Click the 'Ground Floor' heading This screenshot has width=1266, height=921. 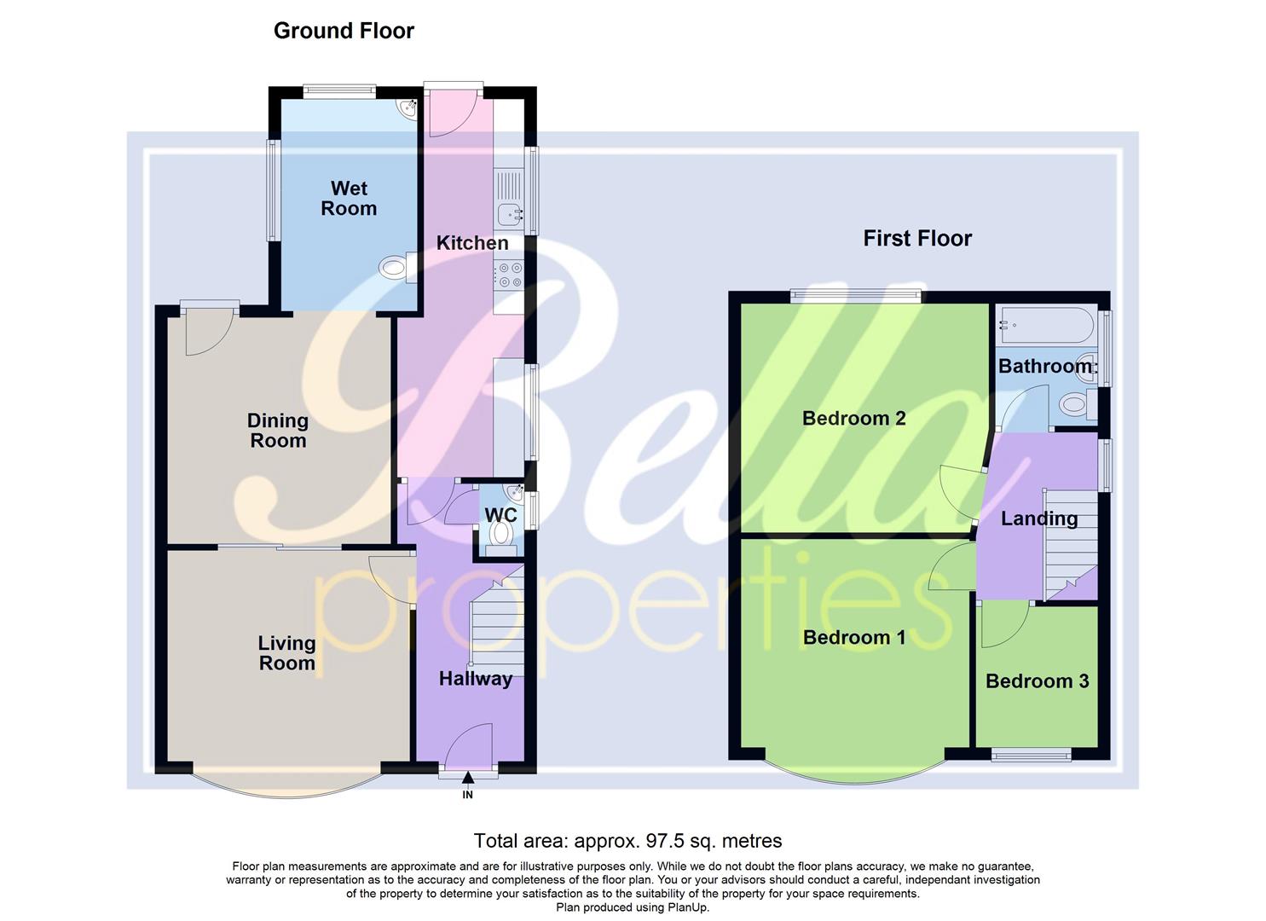[x=344, y=31]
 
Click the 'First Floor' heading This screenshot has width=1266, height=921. [x=917, y=239]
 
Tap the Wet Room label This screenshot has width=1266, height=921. [x=349, y=198]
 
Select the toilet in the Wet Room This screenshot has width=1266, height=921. [x=395, y=268]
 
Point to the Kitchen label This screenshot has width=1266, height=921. [x=472, y=243]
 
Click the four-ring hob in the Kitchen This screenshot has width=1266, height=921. [x=510, y=275]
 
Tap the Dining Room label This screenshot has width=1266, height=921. [x=277, y=431]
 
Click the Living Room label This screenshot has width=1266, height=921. [x=286, y=653]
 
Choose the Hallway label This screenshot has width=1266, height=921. [x=476, y=679]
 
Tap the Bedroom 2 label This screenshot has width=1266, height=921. [x=853, y=418]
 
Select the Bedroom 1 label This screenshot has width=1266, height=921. [x=853, y=637]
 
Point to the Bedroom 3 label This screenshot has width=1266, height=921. [x=1037, y=681]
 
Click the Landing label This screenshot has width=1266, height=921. [x=1039, y=518]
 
